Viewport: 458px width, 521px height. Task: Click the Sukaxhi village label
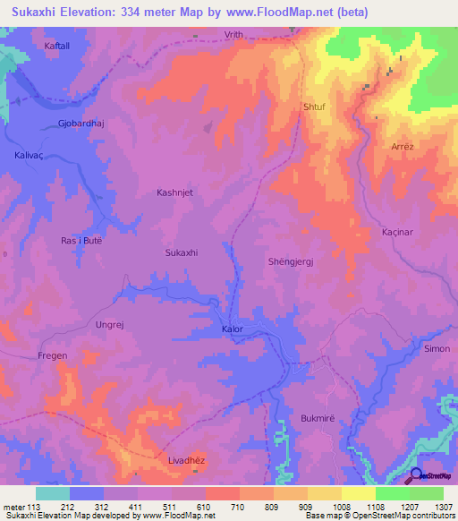[181, 253]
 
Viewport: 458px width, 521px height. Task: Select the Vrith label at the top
[233, 34]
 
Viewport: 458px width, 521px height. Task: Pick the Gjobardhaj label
[81, 123]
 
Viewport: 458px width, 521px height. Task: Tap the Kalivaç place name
[30, 155]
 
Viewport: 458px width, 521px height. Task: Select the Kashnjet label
[175, 192]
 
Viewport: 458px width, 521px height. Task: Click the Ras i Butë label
[81, 241]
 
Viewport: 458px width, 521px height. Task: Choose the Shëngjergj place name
[293, 261]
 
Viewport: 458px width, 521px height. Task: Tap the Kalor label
[233, 329]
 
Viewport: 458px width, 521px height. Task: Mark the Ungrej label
[110, 325]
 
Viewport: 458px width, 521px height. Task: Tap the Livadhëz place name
[188, 461]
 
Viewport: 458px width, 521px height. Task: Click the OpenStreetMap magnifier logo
[417, 475]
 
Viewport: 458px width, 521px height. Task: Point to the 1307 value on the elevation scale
[443, 507]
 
